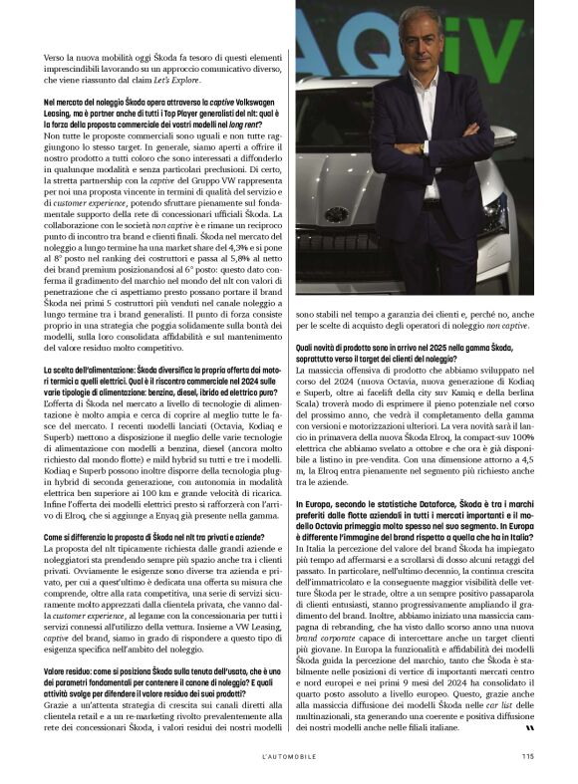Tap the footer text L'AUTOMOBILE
tap(289, 756)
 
